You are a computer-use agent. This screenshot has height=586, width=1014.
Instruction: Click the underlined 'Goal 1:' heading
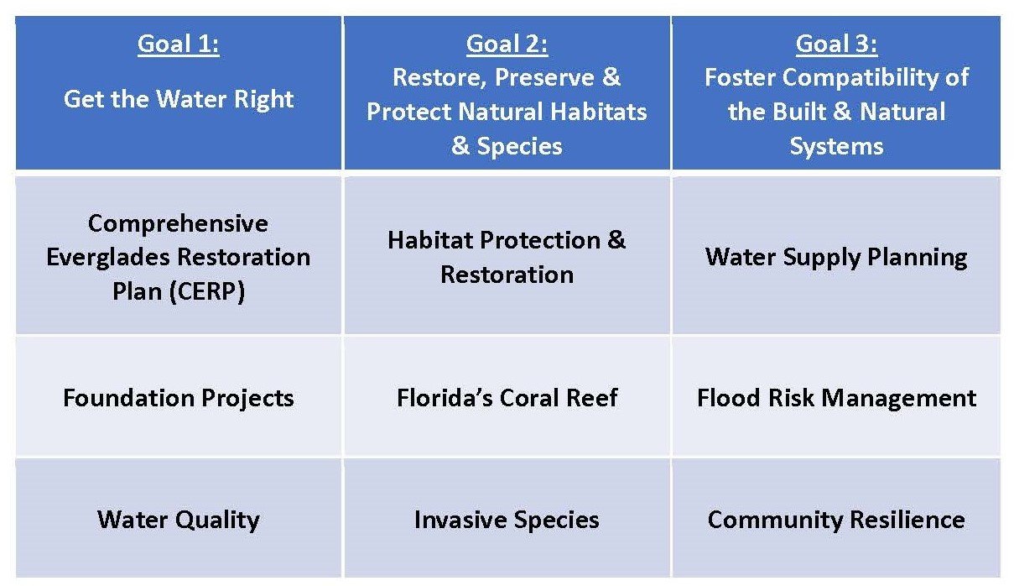[x=179, y=44]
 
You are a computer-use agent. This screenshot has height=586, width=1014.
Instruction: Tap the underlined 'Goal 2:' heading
[x=507, y=44]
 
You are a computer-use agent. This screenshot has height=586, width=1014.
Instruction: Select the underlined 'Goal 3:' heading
[x=836, y=44]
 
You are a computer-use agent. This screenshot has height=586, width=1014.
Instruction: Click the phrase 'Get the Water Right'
[x=179, y=99]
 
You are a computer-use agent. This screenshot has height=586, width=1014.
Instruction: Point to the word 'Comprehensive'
[x=178, y=224]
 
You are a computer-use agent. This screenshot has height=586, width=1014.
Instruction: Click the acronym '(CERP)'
[x=207, y=291]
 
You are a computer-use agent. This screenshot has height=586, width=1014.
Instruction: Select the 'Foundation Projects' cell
[x=179, y=395]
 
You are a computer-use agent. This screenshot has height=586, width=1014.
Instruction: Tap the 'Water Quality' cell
[x=179, y=517]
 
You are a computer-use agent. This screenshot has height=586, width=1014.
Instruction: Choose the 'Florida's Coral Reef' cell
[x=507, y=395]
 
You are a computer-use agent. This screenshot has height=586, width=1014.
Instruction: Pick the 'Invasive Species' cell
[x=507, y=517]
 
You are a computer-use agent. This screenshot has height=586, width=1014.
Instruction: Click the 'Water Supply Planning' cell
[x=836, y=255]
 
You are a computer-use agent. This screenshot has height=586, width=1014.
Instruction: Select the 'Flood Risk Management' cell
[x=836, y=395]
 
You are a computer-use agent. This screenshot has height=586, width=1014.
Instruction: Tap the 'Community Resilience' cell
[x=836, y=517]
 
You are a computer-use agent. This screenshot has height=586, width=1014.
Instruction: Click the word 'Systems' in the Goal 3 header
[x=836, y=147]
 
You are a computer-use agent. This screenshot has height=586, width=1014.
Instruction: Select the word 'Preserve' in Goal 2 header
[x=544, y=77]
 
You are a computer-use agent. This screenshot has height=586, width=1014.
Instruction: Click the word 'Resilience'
[x=907, y=520]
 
